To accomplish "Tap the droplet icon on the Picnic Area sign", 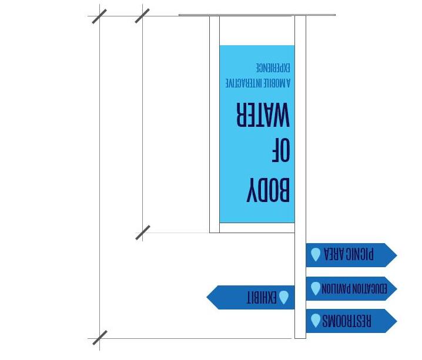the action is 316,254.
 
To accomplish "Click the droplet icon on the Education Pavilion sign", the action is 316,288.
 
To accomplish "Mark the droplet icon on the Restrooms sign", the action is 316,321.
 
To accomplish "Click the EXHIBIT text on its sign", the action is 261,297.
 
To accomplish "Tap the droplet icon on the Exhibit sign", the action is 284,297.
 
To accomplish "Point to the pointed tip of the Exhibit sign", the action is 208,297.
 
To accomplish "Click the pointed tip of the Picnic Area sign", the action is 396,255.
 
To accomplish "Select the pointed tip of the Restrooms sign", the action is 396,321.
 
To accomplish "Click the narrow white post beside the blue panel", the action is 215,123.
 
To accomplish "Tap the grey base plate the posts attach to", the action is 257,15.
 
